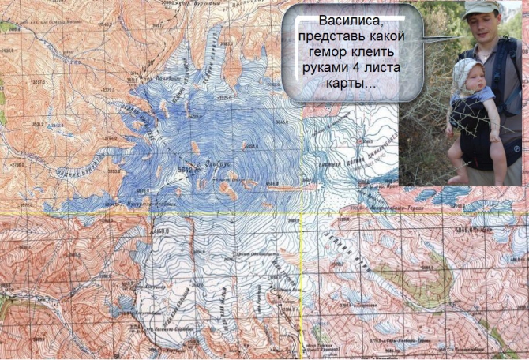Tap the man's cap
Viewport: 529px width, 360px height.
481,9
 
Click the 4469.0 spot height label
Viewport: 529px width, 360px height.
160,230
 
